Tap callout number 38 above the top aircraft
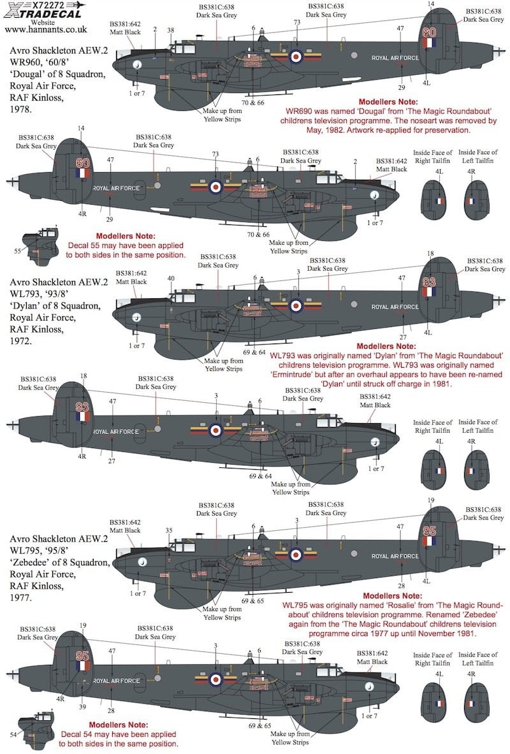click(x=170, y=31)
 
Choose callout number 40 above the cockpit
click(x=170, y=278)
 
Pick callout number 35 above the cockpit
click(x=169, y=530)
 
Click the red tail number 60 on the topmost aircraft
click(x=430, y=32)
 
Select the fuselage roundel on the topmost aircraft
click(x=296, y=57)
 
